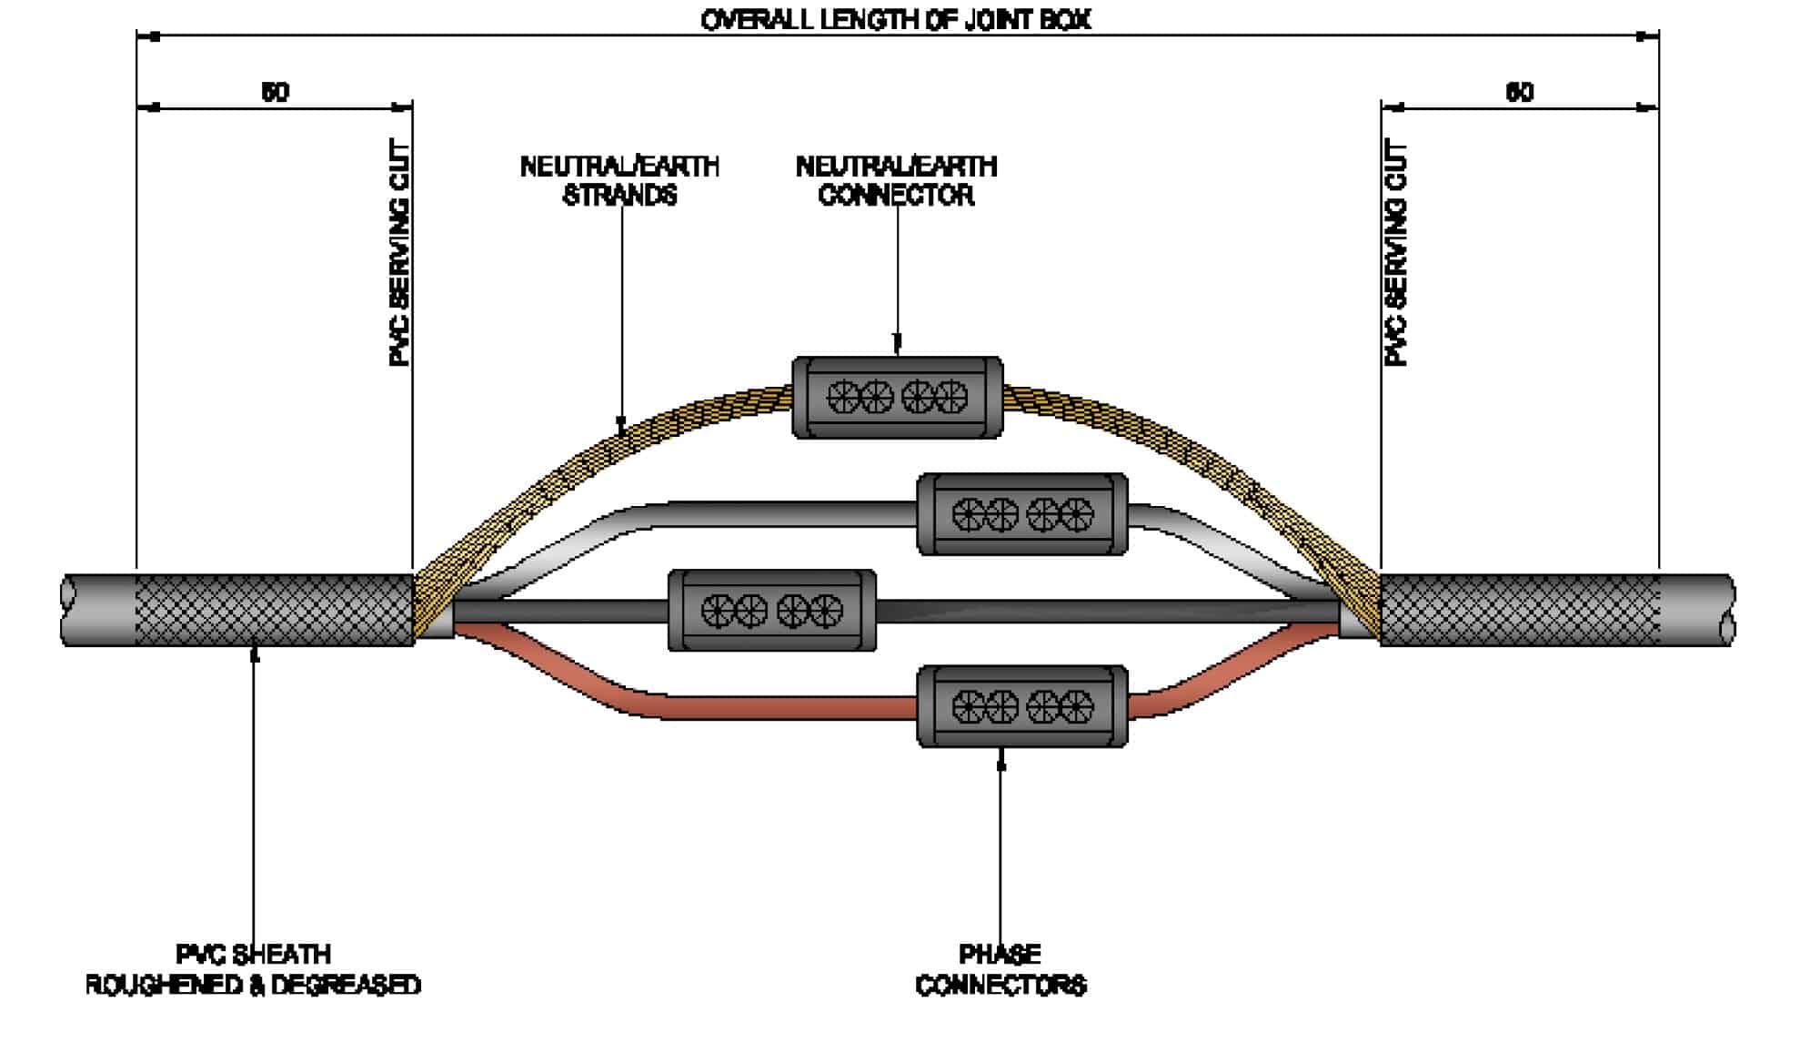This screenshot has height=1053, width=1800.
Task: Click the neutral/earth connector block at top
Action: click(x=897, y=398)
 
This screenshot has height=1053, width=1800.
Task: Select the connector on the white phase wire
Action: click(x=1022, y=514)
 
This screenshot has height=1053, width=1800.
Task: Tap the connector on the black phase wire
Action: click(x=772, y=611)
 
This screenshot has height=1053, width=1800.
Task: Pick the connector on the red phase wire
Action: click(x=1022, y=706)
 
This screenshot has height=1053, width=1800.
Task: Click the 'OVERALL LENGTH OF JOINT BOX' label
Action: click(x=896, y=20)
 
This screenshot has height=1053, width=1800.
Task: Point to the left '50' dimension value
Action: click(x=275, y=92)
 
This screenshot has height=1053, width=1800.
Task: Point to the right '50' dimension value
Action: click(x=1519, y=92)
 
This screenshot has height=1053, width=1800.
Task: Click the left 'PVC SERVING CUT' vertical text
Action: click(x=399, y=253)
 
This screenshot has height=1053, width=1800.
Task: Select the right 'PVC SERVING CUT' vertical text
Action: click(x=1395, y=253)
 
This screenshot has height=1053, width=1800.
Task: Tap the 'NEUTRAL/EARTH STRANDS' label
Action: click(x=619, y=180)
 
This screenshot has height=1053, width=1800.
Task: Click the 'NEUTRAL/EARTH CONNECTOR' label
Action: click(x=896, y=180)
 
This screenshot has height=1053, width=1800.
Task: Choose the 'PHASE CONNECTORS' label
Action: click(x=1001, y=969)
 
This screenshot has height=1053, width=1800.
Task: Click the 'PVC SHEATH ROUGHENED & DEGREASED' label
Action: click(x=253, y=969)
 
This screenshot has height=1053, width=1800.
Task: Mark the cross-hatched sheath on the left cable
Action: click(x=273, y=610)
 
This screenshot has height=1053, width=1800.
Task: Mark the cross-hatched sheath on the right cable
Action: click(x=1519, y=610)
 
